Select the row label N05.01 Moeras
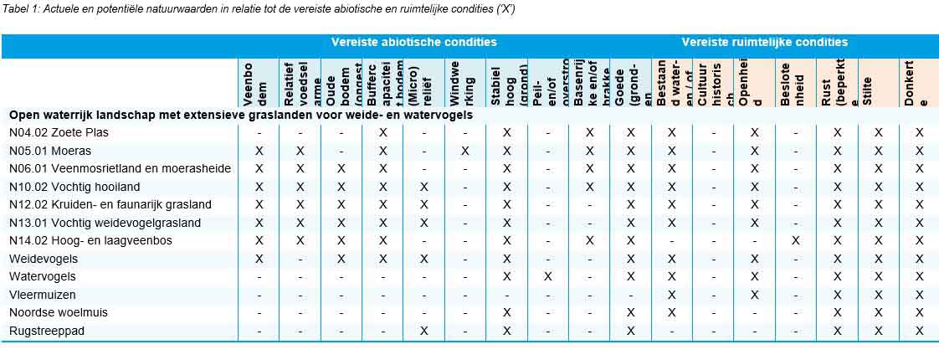point(49,151)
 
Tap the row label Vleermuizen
point(43,295)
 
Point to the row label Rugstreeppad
point(46,331)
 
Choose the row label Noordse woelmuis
point(56,312)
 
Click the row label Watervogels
point(43,276)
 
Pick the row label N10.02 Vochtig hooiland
point(74,187)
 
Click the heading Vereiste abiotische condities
point(413,42)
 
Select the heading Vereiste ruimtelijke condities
point(764,42)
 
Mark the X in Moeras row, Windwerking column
point(465,151)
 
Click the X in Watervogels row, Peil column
point(548,276)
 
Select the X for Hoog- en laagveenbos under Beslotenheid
point(795,240)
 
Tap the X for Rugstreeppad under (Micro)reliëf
point(424,331)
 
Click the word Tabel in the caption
point(17,8)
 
